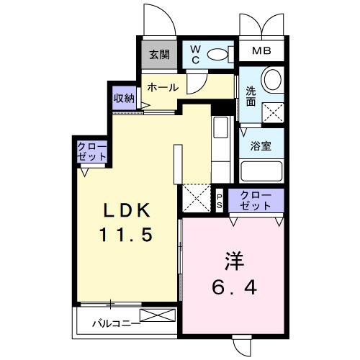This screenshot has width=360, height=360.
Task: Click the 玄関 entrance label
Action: point(159,53)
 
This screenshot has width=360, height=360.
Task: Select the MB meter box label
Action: point(261,53)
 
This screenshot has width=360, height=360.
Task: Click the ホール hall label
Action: point(163,87)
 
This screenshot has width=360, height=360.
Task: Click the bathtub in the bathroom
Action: point(263,171)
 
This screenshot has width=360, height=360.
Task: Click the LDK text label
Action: point(126,210)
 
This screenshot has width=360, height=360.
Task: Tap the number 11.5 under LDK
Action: point(126,235)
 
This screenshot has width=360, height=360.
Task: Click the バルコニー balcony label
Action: point(116,323)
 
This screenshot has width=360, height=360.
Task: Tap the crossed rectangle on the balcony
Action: point(158,315)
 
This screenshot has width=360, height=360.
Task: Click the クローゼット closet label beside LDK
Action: point(93,152)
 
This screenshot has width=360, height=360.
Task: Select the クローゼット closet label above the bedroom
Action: point(256,199)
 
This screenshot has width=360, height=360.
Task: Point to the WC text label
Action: point(194,55)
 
